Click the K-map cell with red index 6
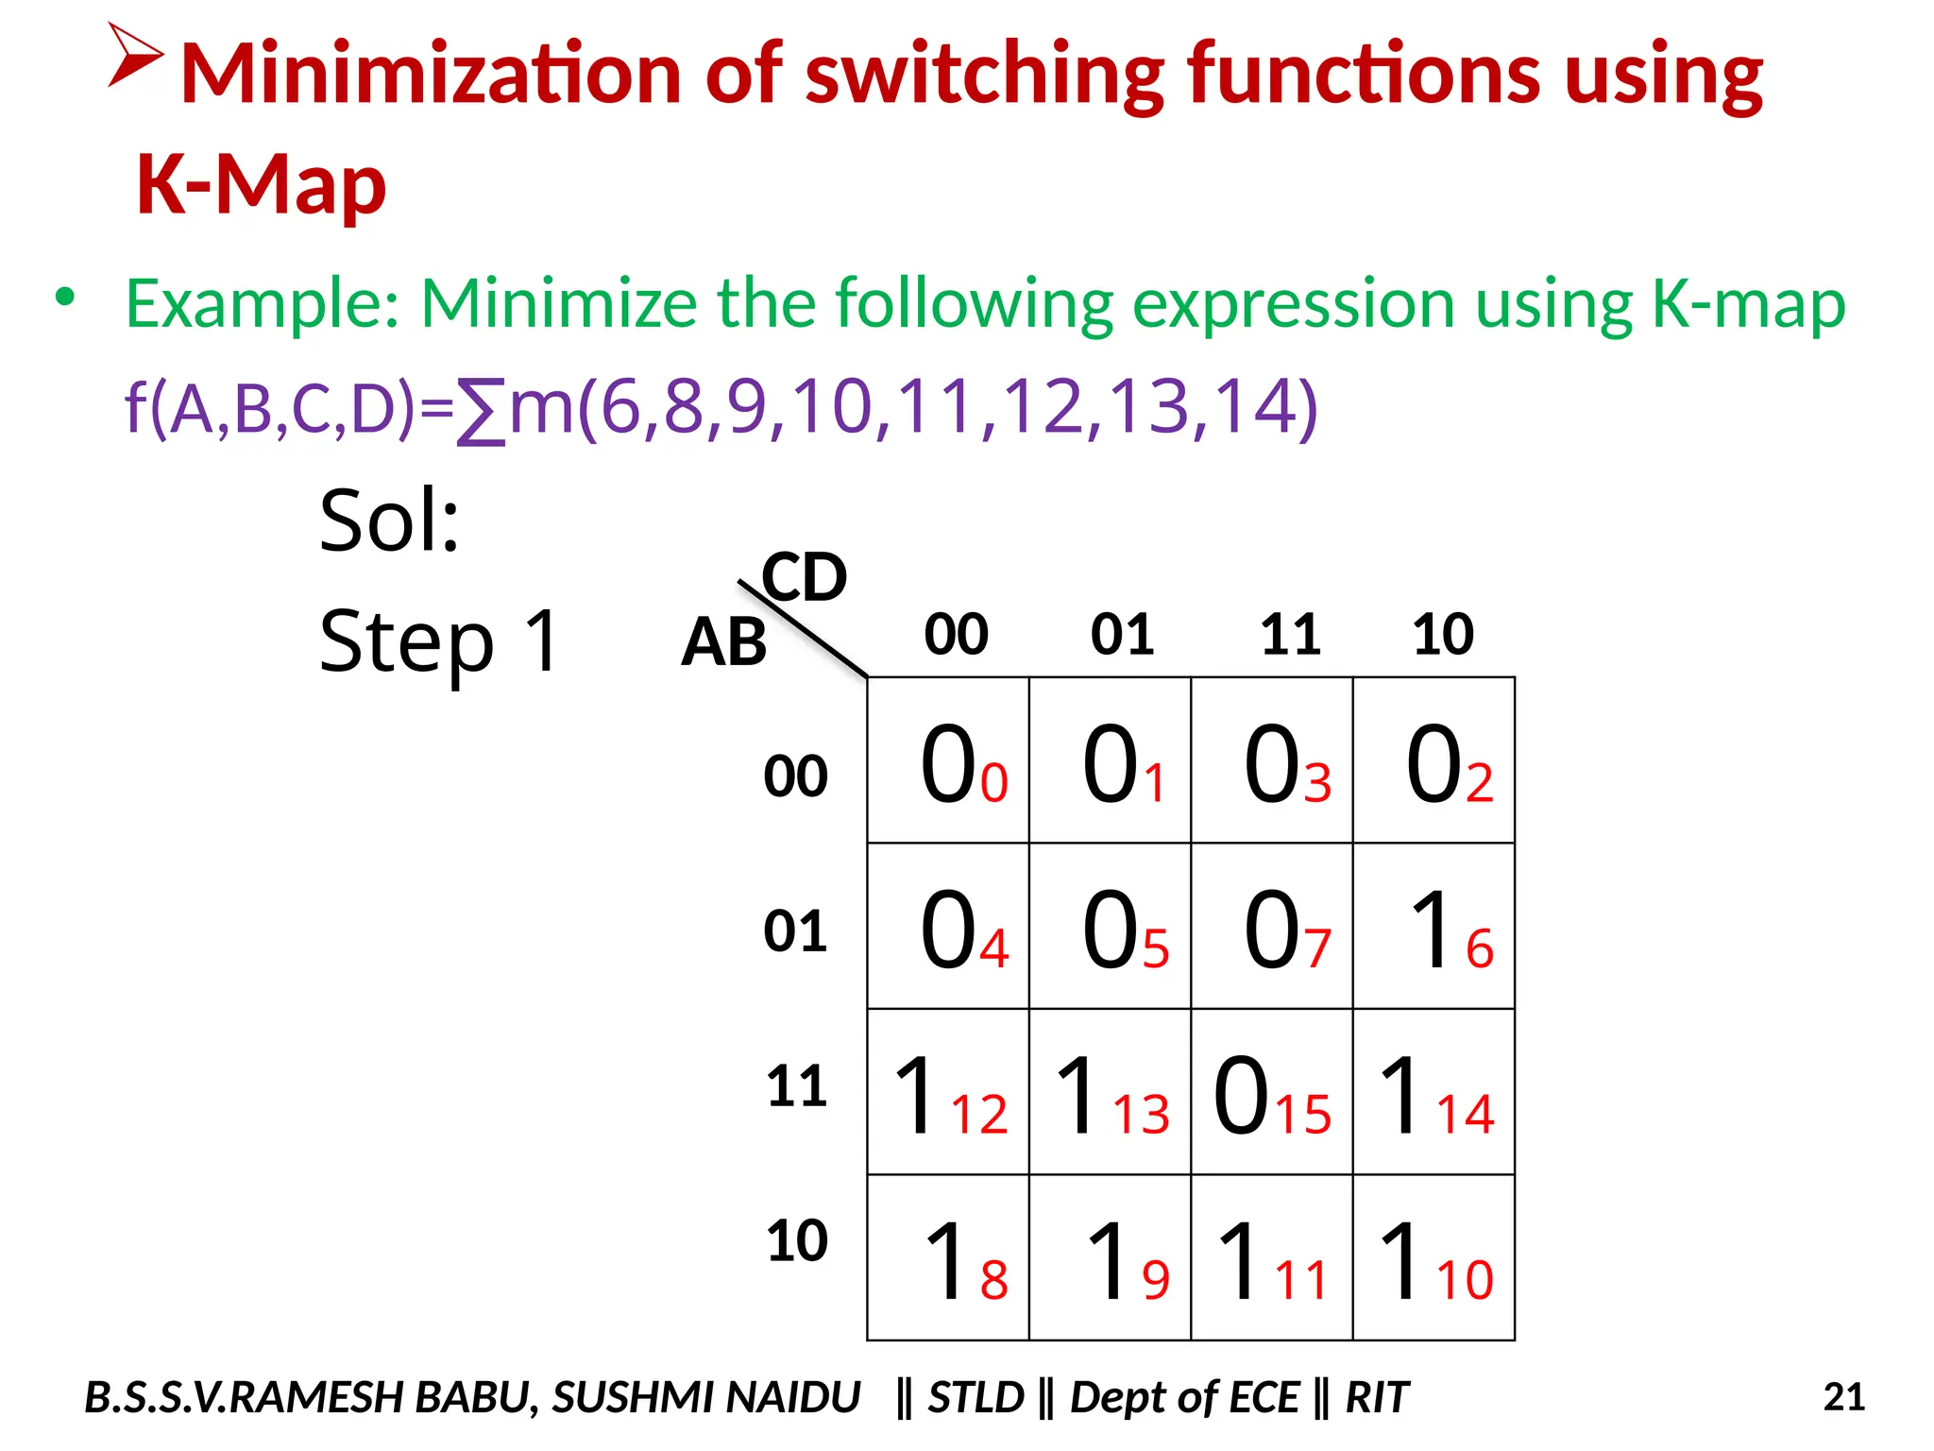pyautogui.click(x=1434, y=926)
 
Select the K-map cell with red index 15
pyautogui.click(x=1271, y=1092)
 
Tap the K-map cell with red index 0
pyautogui.click(x=948, y=760)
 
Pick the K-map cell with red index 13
pyautogui.click(x=1110, y=1092)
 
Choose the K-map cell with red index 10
pyautogui.click(x=1434, y=1257)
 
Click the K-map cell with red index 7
pyautogui.click(x=1271, y=926)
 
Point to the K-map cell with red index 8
pyautogui.click(x=948, y=1257)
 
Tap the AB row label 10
pyautogui.click(x=796, y=1240)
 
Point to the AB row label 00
pyautogui.click(x=795, y=777)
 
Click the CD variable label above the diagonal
pyautogui.click(x=805, y=576)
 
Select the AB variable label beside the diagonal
pyautogui.click(x=723, y=642)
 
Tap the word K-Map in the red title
pyautogui.click(x=262, y=184)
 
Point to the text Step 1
pyautogui.click(x=440, y=642)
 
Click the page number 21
pyautogui.click(x=1843, y=1396)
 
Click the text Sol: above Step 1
pyautogui.click(x=389, y=521)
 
